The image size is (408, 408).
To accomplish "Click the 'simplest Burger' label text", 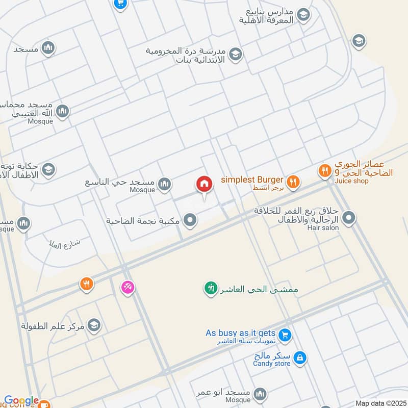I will [x=252, y=180].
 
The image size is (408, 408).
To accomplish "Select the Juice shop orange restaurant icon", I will [x=324, y=172].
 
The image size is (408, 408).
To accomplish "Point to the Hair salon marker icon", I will [x=349, y=218].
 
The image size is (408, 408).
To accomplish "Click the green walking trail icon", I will [x=210, y=289].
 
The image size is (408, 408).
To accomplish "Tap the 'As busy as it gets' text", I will [x=241, y=333].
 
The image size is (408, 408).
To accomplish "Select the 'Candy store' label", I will [x=272, y=364].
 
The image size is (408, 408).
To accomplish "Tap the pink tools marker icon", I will [x=127, y=288].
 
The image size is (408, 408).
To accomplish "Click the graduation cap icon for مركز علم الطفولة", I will [x=93, y=325].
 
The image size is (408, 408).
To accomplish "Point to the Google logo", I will [x=21, y=401].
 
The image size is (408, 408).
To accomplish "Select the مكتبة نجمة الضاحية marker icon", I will [x=190, y=221].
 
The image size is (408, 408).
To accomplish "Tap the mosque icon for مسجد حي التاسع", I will [x=164, y=185].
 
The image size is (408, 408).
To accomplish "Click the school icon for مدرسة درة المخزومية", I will [x=235, y=54].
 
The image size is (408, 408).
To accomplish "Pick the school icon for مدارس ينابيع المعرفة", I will [x=303, y=15].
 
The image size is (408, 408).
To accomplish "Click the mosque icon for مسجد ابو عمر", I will [x=260, y=394].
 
